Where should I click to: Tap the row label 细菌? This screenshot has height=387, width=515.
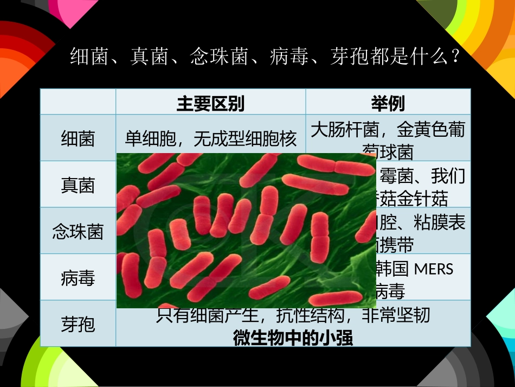click(78, 139)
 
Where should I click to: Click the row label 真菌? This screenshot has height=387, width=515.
click(78, 186)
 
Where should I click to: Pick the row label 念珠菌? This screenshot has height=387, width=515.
click(78, 232)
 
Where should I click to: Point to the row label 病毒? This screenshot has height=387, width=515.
click(78, 278)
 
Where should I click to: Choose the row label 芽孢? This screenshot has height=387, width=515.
click(78, 325)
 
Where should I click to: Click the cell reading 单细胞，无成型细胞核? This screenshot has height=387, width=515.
click(211, 139)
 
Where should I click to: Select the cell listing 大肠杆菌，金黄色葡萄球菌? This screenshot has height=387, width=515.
click(388, 139)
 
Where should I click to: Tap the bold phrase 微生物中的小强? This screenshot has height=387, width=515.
click(293, 339)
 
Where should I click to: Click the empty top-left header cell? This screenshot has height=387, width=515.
click(78, 102)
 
